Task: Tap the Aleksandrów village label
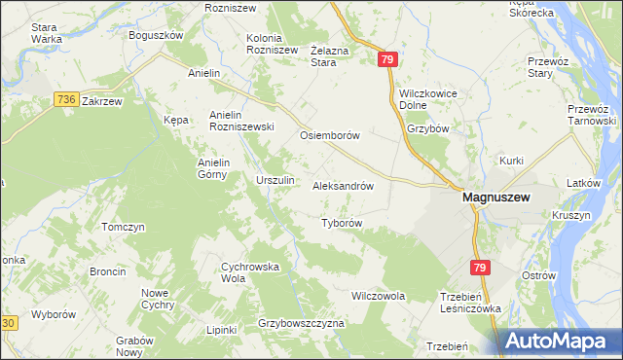tap(343, 184)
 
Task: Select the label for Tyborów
tap(342, 223)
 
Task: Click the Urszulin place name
tap(274, 181)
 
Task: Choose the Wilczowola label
tap(378, 295)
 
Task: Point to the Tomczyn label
tap(123, 227)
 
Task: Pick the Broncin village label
tap(107, 271)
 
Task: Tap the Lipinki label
tap(222, 330)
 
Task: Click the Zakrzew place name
tap(101, 100)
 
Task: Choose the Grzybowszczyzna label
tap(302, 322)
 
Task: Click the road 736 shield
tap(66, 99)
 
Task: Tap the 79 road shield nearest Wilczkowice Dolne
tap(388, 60)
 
